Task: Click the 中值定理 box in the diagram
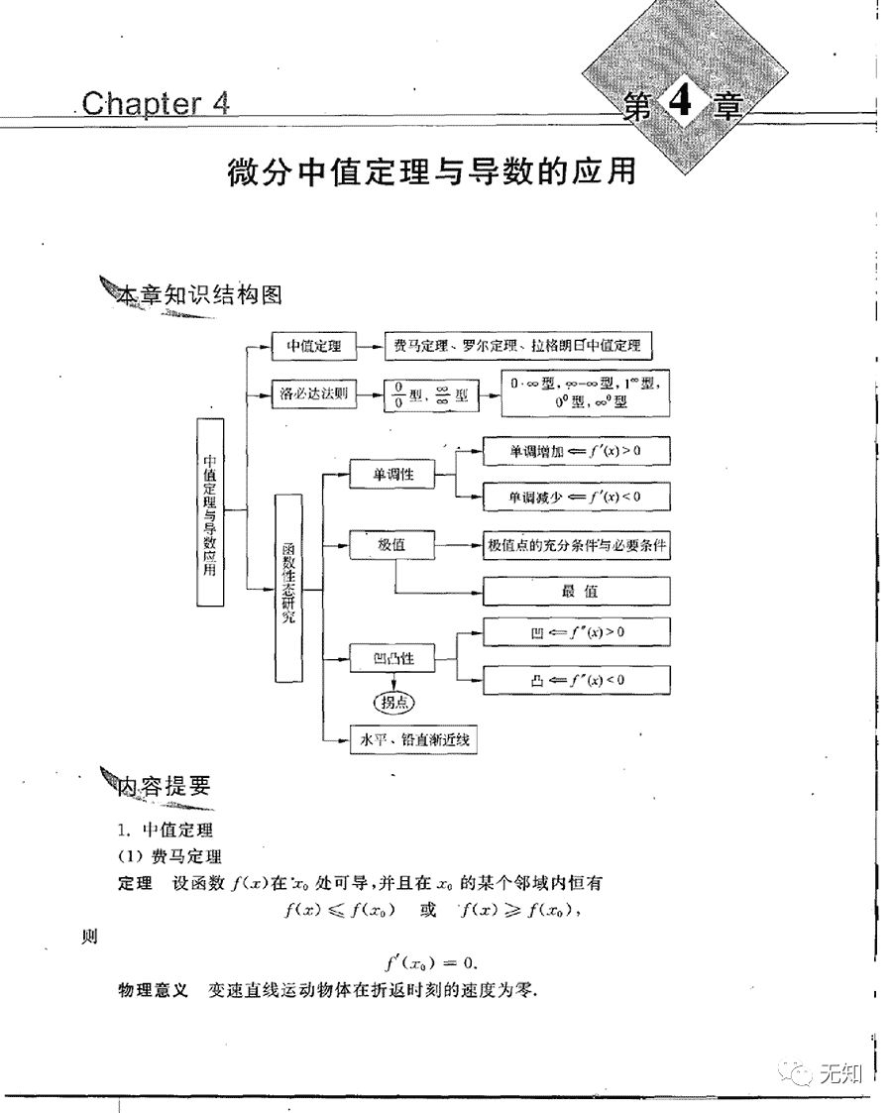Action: point(313,347)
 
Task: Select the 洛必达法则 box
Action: point(313,394)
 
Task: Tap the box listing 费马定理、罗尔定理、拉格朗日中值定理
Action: point(516,347)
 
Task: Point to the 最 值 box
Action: point(576,592)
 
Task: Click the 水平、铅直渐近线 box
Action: point(413,738)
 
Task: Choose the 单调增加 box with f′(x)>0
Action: point(576,451)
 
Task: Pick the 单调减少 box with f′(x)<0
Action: point(576,497)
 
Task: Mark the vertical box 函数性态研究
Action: point(288,587)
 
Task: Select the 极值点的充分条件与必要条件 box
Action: point(576,545)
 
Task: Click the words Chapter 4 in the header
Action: point(156,103)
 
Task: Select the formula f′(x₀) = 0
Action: point(431,961)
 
